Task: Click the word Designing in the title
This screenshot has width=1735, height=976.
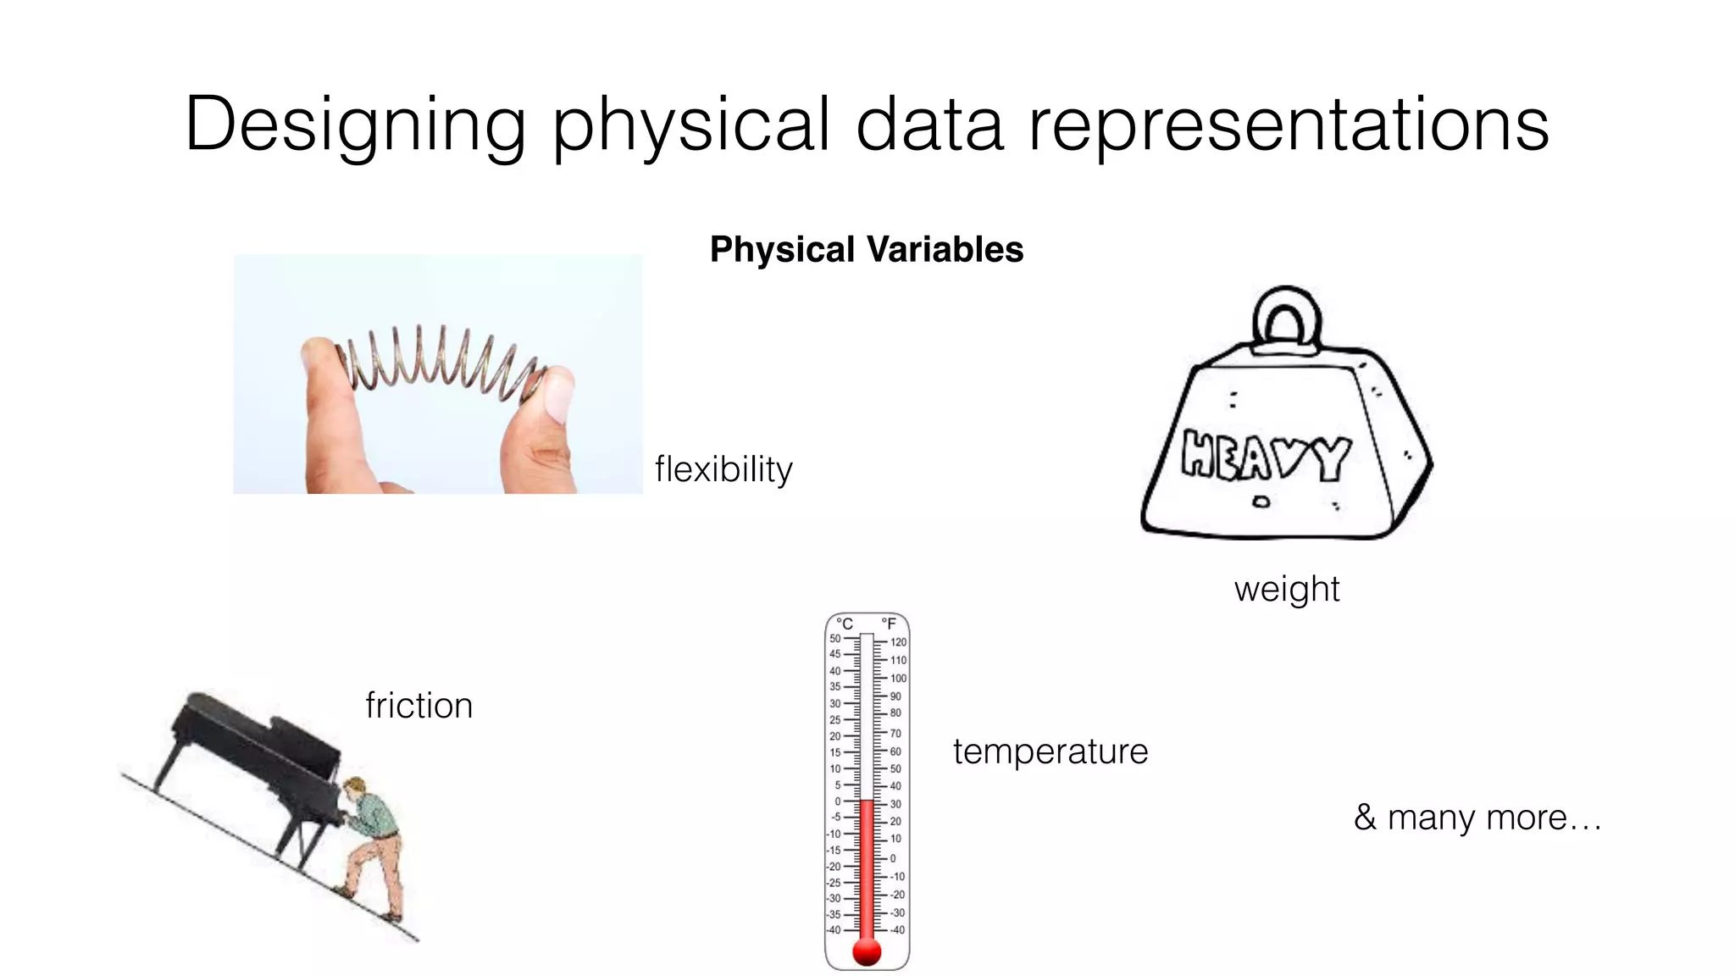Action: click(x=355, y=125)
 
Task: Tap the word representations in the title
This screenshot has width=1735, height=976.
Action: click(x=1289, y=125)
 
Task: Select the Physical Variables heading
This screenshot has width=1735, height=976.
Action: click(x=867, y=249)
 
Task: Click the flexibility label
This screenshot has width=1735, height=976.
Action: click(x=723, y=469)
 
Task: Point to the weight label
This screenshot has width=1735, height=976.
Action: click(x=1286, y=589)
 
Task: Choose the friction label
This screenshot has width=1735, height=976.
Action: click(x=419, y=705)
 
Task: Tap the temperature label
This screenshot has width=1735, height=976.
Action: click(x=1050, y=751)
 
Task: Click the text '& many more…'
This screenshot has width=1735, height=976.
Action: click(x=1477, y=818)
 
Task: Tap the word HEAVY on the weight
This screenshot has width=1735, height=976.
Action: click(x=1266, y=457)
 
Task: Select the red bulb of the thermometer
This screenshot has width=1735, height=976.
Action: click(x=867, y=951)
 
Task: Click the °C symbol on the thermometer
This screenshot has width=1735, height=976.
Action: click(x=844, y=624)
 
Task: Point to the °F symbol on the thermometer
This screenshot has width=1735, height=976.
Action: click(x=889, y=624)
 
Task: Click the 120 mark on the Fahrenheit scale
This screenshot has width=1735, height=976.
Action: click(x=898, y=642)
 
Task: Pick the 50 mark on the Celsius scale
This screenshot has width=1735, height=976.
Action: click(x=835, y=639)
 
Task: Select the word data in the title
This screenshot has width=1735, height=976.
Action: click(x=929, y=125)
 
